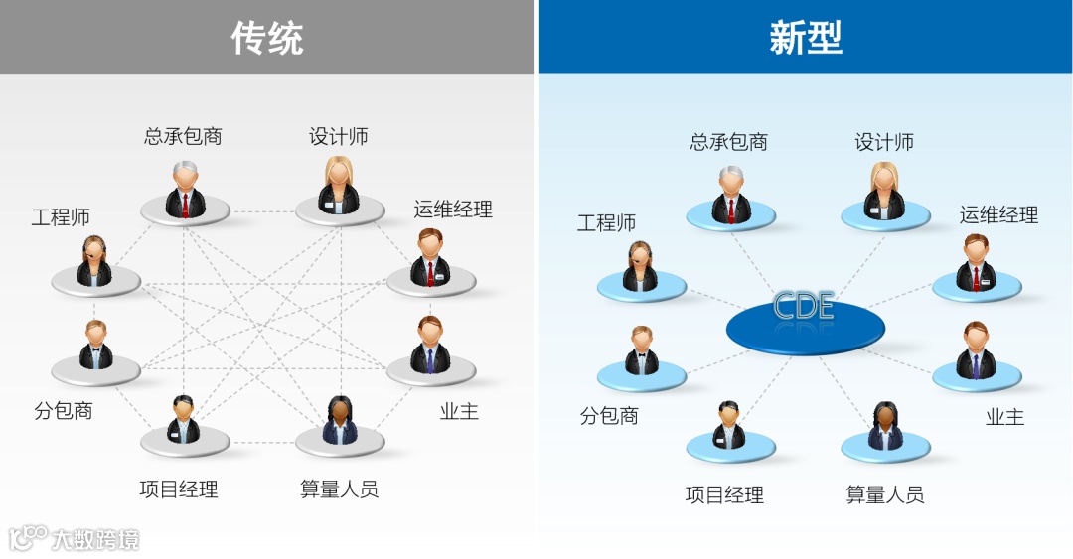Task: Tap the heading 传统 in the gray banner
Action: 267,38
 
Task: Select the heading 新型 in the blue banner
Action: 806,38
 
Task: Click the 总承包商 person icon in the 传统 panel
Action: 185,190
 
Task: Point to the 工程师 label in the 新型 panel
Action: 606,223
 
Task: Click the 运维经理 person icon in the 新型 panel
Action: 976,263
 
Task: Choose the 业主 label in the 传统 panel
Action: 459,411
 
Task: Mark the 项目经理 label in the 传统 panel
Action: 179,489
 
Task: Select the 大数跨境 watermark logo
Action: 75,539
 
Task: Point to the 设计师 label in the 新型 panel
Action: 884,143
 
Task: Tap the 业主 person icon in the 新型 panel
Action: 976,351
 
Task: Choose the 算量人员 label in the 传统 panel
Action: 339,489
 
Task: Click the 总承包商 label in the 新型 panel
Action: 729,143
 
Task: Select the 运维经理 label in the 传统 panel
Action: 453,210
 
